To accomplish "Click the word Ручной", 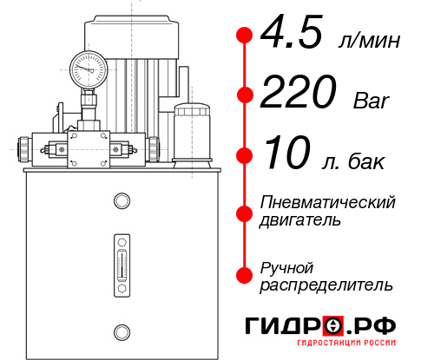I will click(286, 266).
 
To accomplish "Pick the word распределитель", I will click(326, 285).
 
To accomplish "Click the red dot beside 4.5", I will click(245, 35).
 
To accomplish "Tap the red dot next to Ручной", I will click(245, 275).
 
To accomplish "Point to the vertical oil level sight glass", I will click(121, 261).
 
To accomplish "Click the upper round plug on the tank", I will click(121, 201).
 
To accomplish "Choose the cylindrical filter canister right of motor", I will click(191, 132).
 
